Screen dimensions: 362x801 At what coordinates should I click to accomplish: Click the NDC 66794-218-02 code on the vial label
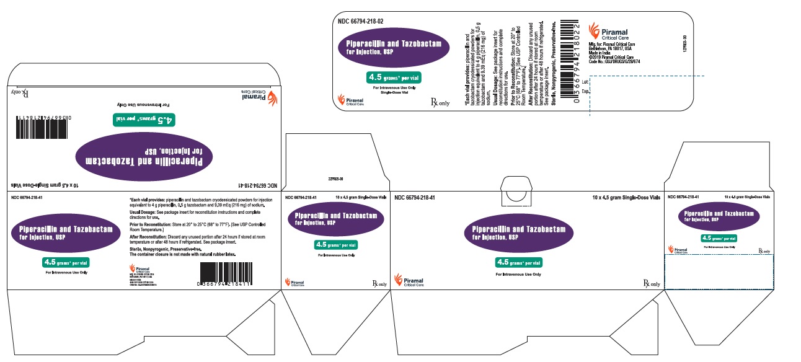coord(360,21)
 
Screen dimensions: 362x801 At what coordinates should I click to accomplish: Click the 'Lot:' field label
coord(586,81)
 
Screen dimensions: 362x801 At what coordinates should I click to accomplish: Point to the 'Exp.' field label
coord(586,91)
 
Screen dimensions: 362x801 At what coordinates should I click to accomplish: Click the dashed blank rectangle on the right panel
coord(718,272)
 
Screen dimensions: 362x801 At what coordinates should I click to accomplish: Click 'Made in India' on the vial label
coord(599,53)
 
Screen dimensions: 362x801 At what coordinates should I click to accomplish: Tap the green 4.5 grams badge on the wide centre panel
coord(518,262)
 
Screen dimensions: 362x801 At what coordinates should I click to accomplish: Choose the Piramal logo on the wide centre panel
coord(410,283)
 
